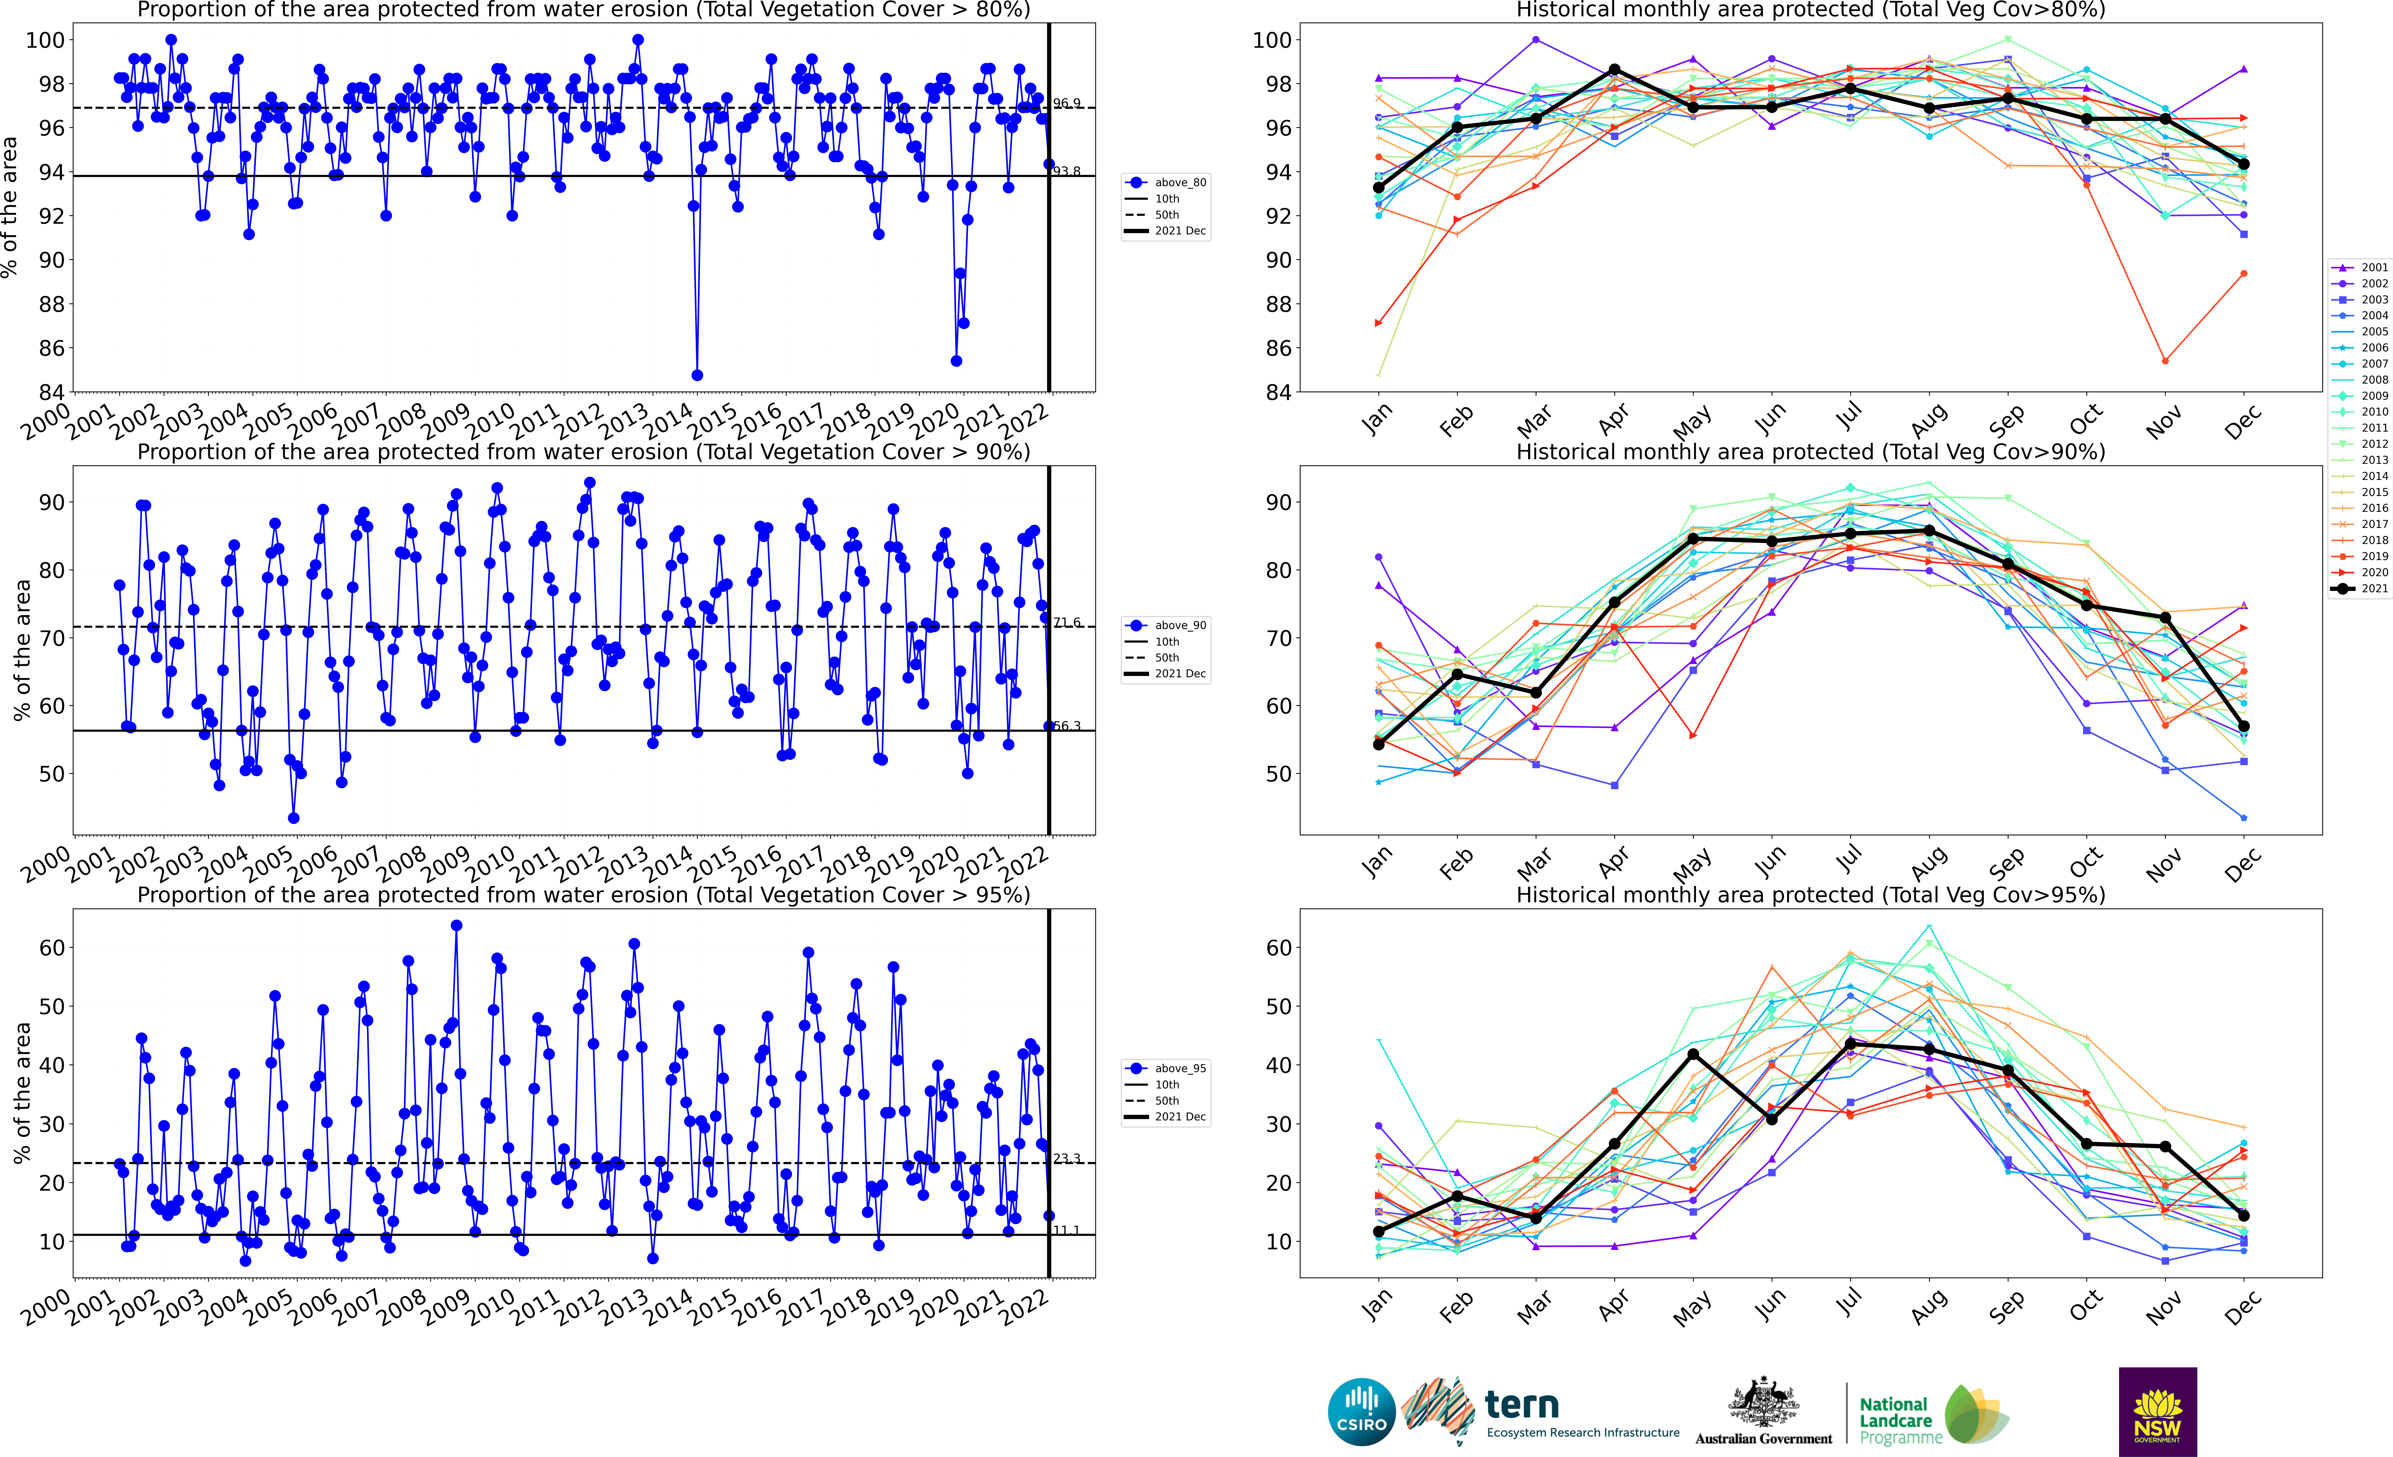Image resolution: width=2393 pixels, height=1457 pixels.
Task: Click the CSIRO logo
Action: [1362, 1411]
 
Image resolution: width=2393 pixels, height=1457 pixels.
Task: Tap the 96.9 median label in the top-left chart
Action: [1066, 103]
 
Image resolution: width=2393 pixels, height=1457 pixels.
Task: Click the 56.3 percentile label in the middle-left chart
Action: [1066, 726]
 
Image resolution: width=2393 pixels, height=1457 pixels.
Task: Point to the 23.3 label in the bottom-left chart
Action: [1066, 1159]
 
